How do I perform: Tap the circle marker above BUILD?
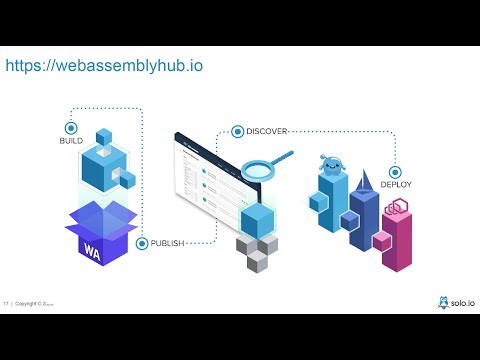pyautogui.click(x=70, y=128)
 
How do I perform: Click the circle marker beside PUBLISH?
pyautogui.click(x=142, y=243)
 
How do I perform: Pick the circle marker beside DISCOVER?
pyautogui.click(x=238, y=131)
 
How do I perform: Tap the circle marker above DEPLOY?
pyautogui.click(x=396, y=171)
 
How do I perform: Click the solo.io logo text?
pyautogui.click(x=461, y=302)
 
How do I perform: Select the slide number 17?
pyautogui.click(x=6, y=303)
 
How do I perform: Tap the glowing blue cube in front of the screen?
pyautogui.click(x=258, y=221)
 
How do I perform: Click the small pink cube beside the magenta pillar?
pyautogui.click(x=381, y=240)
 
